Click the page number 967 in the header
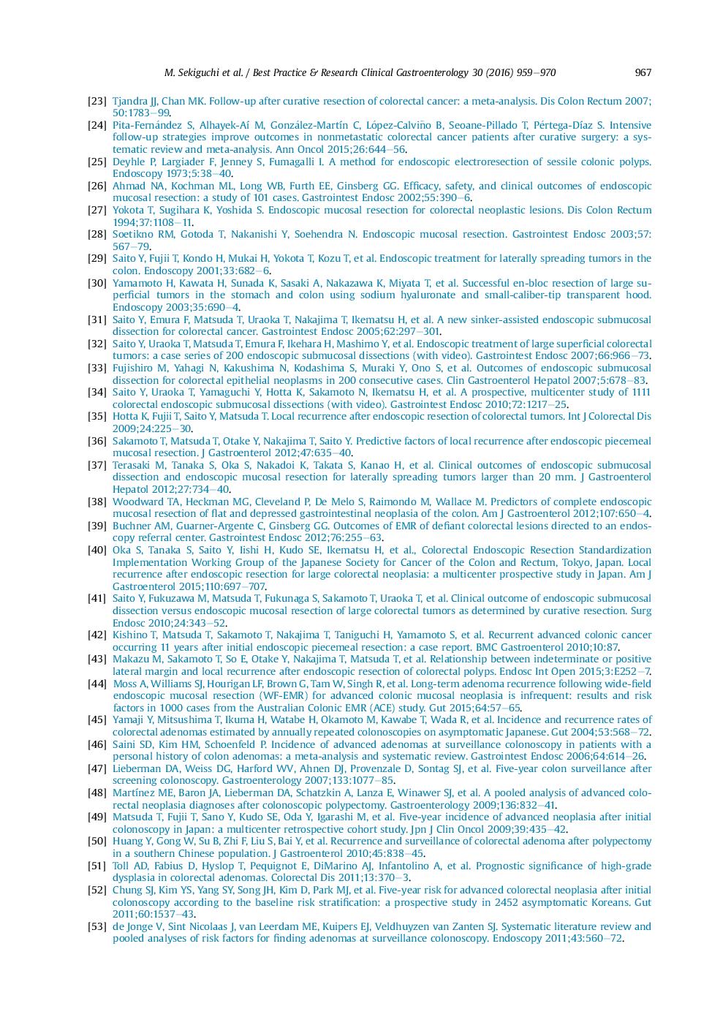tap(643, 72)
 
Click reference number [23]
tap(97, 101)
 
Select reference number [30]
tap(97, 283)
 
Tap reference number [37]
tap(97, 465)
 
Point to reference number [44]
tap(97, 684)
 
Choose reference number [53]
tap(97, 926)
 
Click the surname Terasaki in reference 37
tap(132, 465)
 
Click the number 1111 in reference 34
tap(641, 392)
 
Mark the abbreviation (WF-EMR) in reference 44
tap(281, 695)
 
